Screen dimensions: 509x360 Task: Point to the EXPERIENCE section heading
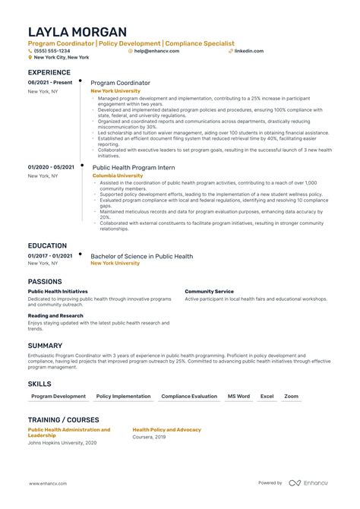(49, 72)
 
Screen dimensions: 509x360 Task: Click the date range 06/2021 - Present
(49, 82)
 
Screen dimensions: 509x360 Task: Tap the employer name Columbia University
(118, 175)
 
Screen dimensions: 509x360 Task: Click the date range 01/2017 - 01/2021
(51, 256)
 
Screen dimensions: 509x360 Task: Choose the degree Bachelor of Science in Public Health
(141, 256)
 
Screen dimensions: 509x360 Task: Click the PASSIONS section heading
(45, 281)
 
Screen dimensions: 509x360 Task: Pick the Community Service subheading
(209, 291)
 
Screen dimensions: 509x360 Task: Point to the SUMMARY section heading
(46, 345)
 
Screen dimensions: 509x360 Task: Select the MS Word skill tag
(238, 397)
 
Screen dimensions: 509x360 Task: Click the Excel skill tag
(267, 397)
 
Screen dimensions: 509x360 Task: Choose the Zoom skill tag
(291, 397)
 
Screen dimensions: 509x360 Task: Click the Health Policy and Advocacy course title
(166, 429)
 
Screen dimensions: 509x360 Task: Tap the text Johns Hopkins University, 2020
(63, 443)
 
